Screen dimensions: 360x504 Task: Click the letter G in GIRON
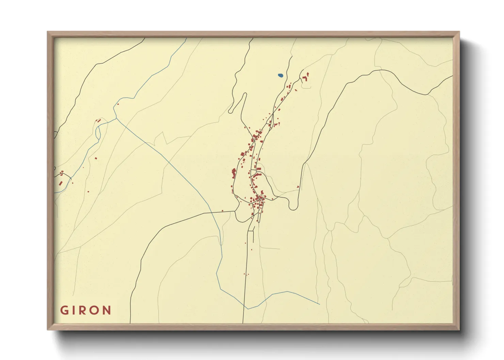(x=64, y=310)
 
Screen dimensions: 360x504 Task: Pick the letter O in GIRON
(x=94, y=310)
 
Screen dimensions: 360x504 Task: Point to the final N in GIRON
(x=107, y=310)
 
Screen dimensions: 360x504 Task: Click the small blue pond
(x=280, y=76)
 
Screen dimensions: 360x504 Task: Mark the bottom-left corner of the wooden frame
(x=48, y=329)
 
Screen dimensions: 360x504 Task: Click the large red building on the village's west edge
(x=234, y=172)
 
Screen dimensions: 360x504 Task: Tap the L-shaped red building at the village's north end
(x=304, y=79)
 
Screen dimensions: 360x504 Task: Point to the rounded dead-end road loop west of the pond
(x=231, y=111)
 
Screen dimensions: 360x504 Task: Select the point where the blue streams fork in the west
(x=116, y=118)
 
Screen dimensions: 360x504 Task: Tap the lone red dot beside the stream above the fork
(x=118, y=104)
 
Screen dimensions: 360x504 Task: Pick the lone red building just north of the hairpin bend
(x=298, y=186)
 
